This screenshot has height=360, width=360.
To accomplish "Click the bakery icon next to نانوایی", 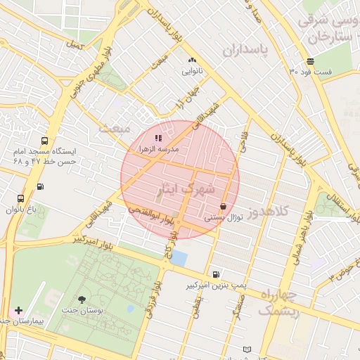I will pos(192,60).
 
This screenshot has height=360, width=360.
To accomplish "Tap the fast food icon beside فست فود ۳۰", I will pos(310,62).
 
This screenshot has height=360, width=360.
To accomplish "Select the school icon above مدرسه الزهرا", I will pos(158,139).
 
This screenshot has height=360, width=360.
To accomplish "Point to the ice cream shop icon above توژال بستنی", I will pos(224,207).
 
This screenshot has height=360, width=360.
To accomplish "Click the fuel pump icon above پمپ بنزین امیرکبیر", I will pos(215,274).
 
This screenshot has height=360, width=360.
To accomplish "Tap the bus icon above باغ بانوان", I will pos(20,199).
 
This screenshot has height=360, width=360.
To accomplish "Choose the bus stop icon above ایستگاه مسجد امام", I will pos(45,140).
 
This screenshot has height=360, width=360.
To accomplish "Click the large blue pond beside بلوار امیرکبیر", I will pos(180,259).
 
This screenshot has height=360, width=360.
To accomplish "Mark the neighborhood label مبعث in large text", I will pos(115,129).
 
